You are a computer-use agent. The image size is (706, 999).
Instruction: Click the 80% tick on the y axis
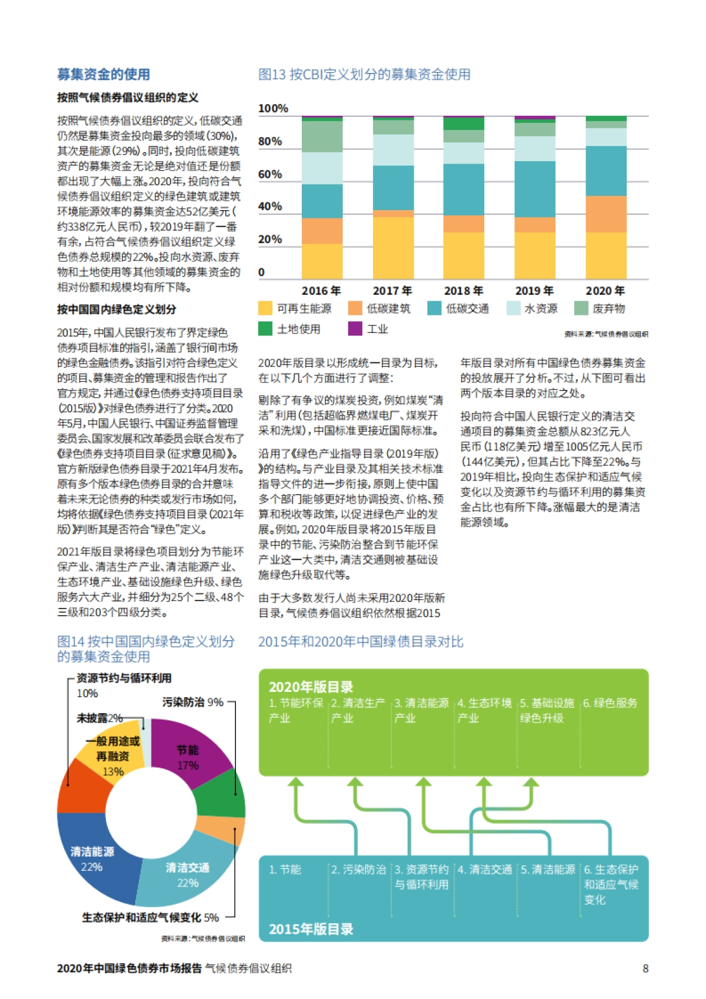pos(270,141)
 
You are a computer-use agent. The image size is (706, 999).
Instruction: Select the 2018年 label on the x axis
pos(464,291)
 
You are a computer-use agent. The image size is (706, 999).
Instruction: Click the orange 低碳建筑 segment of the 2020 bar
pos(606,214)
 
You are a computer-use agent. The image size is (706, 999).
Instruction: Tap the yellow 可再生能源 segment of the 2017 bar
pos(393,248)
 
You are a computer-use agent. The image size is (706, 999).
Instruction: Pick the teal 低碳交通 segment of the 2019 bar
pos(535,189)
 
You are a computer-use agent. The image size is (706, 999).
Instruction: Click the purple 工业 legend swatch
pos(355,329)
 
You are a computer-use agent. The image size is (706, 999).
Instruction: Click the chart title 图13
pos(364,75)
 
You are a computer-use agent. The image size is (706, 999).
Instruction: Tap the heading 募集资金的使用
pos(104,74)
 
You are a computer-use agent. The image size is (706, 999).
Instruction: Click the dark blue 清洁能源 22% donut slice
pos(94,860)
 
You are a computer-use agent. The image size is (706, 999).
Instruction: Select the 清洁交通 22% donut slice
pos(187,875)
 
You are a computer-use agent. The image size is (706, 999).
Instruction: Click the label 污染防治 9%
pos(192,702)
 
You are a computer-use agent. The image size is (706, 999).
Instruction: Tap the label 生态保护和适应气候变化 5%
pos(150,917)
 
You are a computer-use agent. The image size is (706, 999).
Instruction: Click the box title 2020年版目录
pos(311,687)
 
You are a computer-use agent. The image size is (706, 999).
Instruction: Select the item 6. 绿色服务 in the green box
pos(610,703)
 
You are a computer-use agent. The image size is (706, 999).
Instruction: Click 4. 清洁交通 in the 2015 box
pos(485,870)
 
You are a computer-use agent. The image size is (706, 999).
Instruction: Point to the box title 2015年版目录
pos(311,929)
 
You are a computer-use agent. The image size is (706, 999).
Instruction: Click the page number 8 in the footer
pos(645,968)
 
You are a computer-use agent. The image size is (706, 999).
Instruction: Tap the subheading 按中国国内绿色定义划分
pos(116,309)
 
